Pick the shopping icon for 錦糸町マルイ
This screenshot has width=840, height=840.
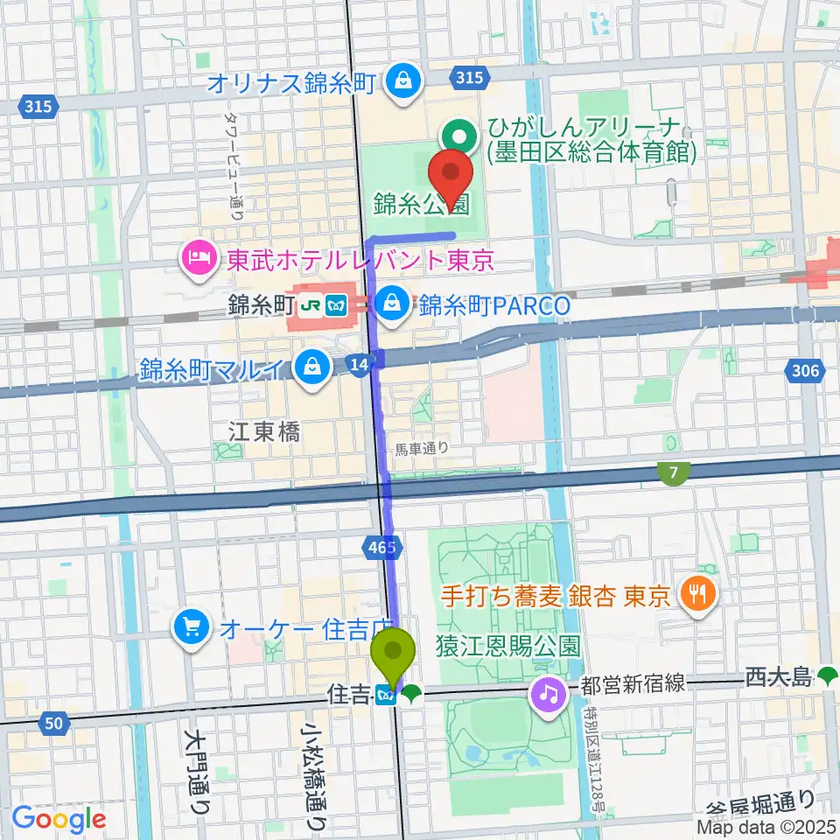pos(311,367)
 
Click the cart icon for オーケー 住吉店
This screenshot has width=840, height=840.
pos(190,626)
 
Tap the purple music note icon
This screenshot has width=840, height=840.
pos(548,696)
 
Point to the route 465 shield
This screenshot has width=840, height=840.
pos(381,548)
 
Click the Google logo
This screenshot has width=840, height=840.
pos(59,820)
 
